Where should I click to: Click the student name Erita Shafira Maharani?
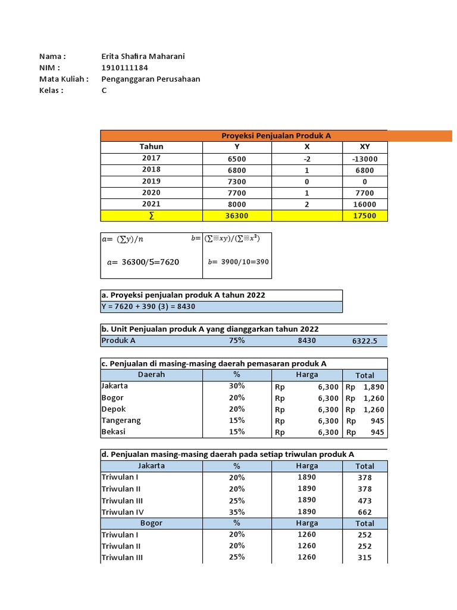143,56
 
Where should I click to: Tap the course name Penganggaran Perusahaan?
151,79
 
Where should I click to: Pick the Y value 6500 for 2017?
237,159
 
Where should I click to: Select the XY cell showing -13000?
365,159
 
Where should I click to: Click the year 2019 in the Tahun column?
151,181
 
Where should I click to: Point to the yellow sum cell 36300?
237,215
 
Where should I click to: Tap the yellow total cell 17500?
365,215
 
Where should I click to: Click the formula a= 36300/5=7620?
143,262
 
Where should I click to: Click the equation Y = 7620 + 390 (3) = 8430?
148,307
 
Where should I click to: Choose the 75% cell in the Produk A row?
237,340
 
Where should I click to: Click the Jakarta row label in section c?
115,386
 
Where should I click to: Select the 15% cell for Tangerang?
237,421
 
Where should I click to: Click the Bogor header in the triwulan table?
151,523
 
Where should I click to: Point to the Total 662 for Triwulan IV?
365,512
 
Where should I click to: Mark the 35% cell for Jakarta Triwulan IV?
237,512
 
